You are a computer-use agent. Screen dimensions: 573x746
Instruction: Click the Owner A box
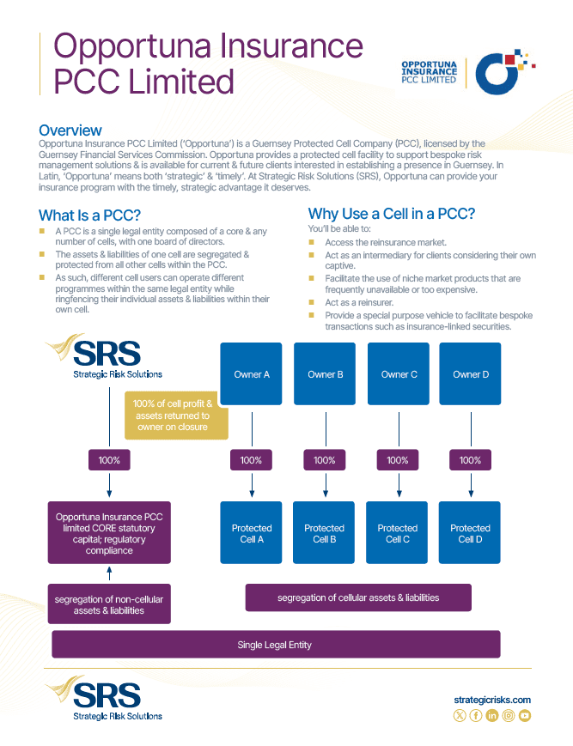pyautogui.click(x=252, y=373)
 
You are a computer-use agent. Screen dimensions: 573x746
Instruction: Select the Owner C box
pyautogui.click(x=399, y=373)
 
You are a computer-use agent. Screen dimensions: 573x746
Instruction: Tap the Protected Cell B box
pyautogui.click(x=324, y=532)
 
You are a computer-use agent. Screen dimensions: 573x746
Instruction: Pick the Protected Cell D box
pyautogui.click(x=470, y=532)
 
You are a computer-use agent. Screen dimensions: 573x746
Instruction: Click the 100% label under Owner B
pyautogui.click(x=325, y=460)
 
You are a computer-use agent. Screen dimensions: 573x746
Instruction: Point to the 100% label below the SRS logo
pyautogui.click(x=109, y=460)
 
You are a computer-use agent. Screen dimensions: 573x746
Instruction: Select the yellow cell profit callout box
pyautogui.click(x=176, y=415)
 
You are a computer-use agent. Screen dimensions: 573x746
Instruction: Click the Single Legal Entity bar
pyautogui.click(x=276, y=644)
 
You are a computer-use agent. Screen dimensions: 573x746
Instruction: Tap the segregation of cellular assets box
pyautogui.click(x=358, y=597)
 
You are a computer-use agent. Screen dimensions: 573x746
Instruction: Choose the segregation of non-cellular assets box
pyautogui.click(x=109, y=603)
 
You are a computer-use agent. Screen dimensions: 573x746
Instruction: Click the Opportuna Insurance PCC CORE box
pyautogui.click(x=109, y=533)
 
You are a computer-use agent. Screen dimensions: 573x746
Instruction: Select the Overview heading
pyautogui.click(x=70, y=130)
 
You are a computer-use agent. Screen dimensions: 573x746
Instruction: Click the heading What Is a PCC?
pyautogui.click(x=89, y=215)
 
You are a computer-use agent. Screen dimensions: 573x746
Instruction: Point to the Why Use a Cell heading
pyautogui.click(x=391, y=214)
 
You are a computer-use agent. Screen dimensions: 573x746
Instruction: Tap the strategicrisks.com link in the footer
pyautogui.click(x=492, y=700)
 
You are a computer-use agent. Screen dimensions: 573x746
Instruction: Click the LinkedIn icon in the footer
pyautogui.click(x=492, y=715)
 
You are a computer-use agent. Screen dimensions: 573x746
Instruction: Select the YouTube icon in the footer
pyautogui.click(x=524, y=715)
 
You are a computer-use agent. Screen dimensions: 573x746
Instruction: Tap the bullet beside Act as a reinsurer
pyautogui.click(x=312, y=302)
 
